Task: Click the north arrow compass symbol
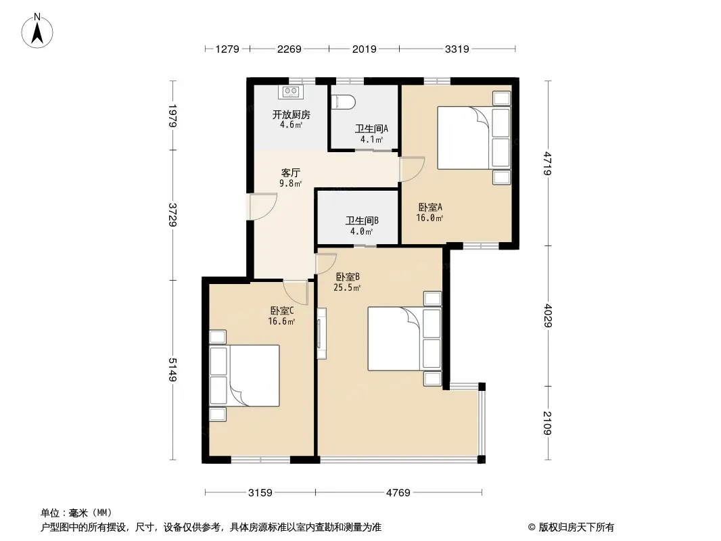coord(37,31)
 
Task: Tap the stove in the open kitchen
coord(291,92)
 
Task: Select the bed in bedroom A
coord(474,138)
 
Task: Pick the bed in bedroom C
coord(245,375)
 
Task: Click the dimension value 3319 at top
coord(457,49)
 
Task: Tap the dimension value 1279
coord(227,49)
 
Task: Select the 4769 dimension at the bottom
coord(398,493)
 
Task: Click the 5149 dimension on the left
coord(172,369)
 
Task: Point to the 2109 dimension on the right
coord(547,423)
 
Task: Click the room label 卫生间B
coord(362,220)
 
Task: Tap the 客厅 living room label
coord(291,173)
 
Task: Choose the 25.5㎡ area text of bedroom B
coord(347,287)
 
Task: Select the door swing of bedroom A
coord(412,169)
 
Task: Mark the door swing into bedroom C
coord(295,292)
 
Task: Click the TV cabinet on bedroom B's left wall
coord(322,333)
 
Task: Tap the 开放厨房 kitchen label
coord(291,114)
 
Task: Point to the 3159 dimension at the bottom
coord(260,493)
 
